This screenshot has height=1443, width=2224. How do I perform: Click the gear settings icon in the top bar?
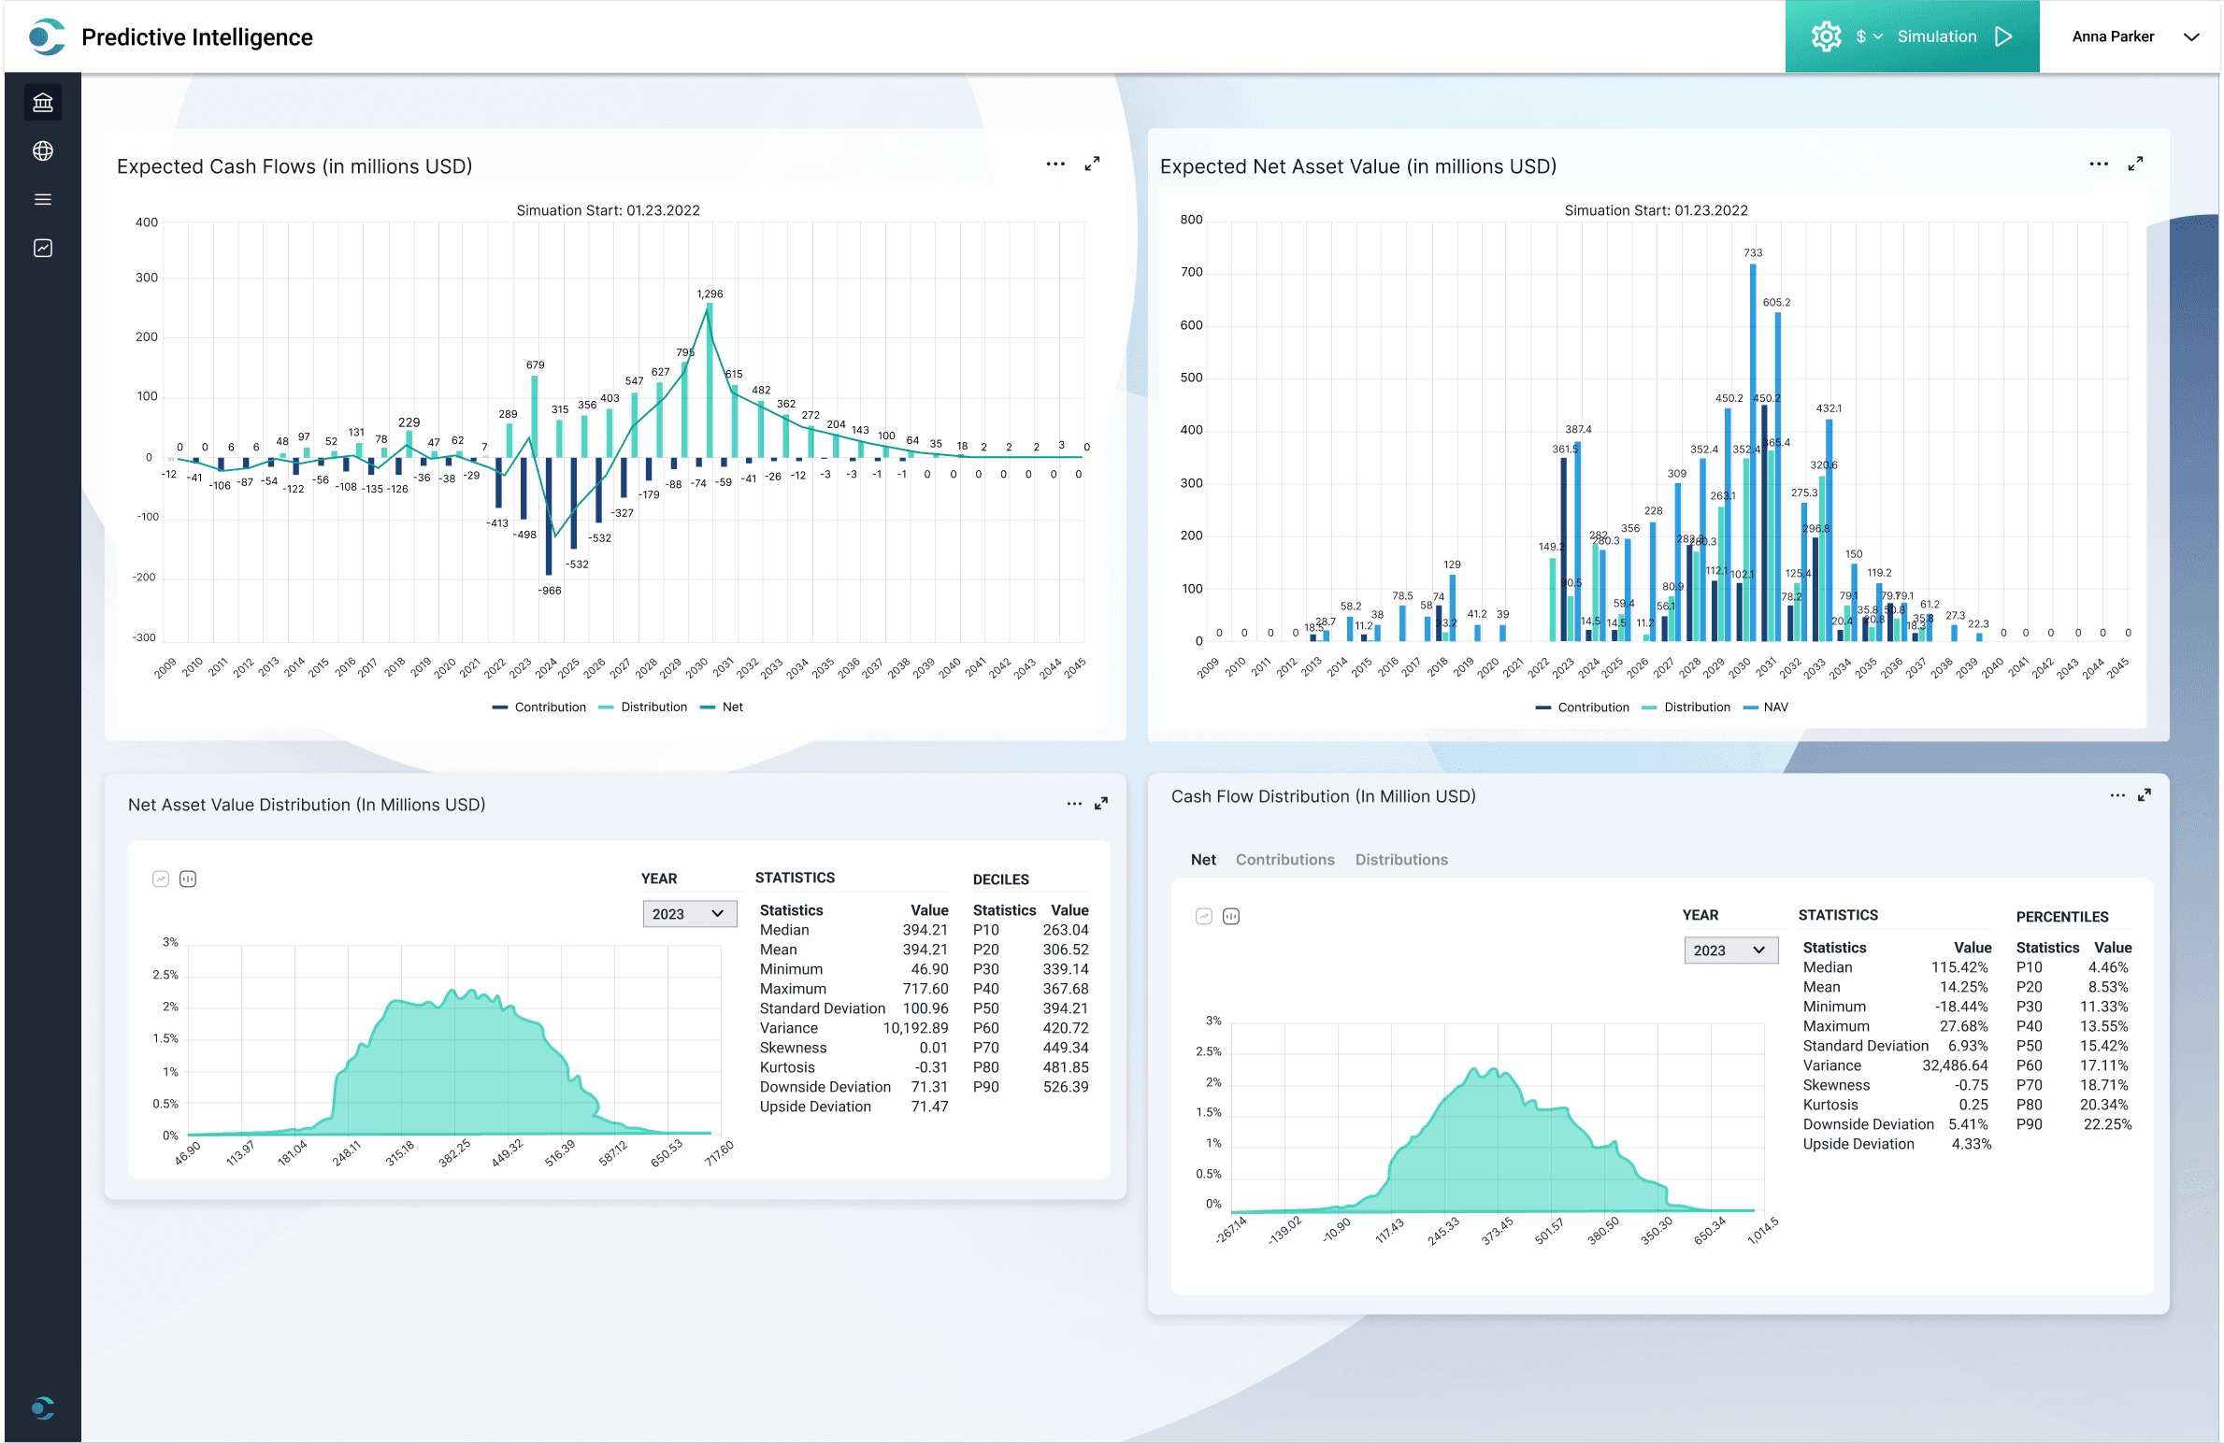(x=1826, y=36)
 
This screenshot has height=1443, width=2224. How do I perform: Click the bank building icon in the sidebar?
(x=43, y=102)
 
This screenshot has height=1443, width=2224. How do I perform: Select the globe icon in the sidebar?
(x=43, y=150)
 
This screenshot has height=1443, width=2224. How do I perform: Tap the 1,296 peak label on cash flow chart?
(x=710, y=293)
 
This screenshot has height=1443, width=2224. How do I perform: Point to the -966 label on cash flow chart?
(x=550, y=591)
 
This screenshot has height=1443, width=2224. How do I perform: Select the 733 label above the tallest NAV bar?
(x=1753, y=252)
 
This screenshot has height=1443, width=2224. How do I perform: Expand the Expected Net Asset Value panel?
(x=2135, y=164)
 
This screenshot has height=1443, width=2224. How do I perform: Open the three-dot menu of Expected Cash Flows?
(x=1055, y=164)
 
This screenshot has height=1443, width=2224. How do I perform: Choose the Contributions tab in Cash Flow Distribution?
(x=1284, y=860)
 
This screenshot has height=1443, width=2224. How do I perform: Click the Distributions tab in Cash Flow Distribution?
(x=1400, y=860)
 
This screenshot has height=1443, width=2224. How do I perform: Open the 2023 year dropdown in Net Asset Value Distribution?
(x=689, y=913)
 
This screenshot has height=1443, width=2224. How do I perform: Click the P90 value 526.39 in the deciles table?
(x=1065, y=1087)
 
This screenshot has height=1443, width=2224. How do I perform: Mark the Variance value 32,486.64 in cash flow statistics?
(x=1956, y=1065)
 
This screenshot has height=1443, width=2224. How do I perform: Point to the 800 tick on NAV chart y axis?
(x=1191, y=220)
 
